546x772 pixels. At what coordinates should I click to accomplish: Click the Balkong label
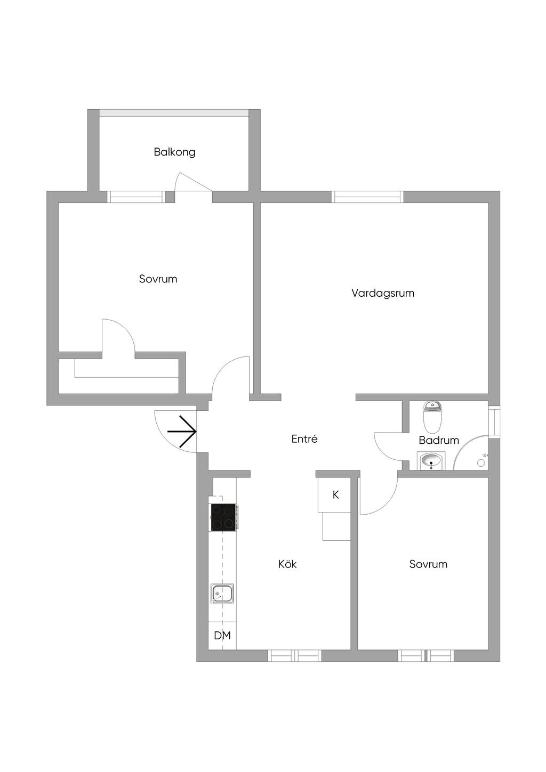pyautogui.click(x=174, y=152)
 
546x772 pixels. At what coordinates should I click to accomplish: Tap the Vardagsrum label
pyautogui.click(x=383, y=293)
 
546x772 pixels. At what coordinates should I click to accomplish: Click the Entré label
pyautogui.click(x=304, y=439)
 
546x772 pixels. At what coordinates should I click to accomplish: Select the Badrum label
pyautogui.click(x=438, y=441)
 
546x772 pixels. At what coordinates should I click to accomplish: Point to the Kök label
pyautogui.click(x=287, y=564)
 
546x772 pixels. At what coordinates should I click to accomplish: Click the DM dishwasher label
pyautogui.click(x=222, y=636)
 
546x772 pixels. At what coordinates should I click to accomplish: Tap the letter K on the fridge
pyautogui.click(x=336, y=495)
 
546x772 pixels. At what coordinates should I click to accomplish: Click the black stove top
pyautogui.click(x=223, y=517)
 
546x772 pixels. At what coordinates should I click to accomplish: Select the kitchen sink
pyautogui.click(x=222, y=594)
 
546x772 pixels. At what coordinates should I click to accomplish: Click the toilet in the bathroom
pyautogui.click(x=432, y=417)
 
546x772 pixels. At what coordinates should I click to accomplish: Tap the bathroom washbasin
pyautogui.click(x=431, y=461)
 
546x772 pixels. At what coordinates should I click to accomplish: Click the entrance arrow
pyautogui.click(x=182, y=431)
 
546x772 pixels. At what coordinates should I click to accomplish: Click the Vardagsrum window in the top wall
pyautogui.click(x=368, y=197)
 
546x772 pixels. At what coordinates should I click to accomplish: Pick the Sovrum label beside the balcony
pyautogui.click(x=158, y=279)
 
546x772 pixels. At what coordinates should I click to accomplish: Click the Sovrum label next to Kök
pyautogui.click(x=428, y=564)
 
